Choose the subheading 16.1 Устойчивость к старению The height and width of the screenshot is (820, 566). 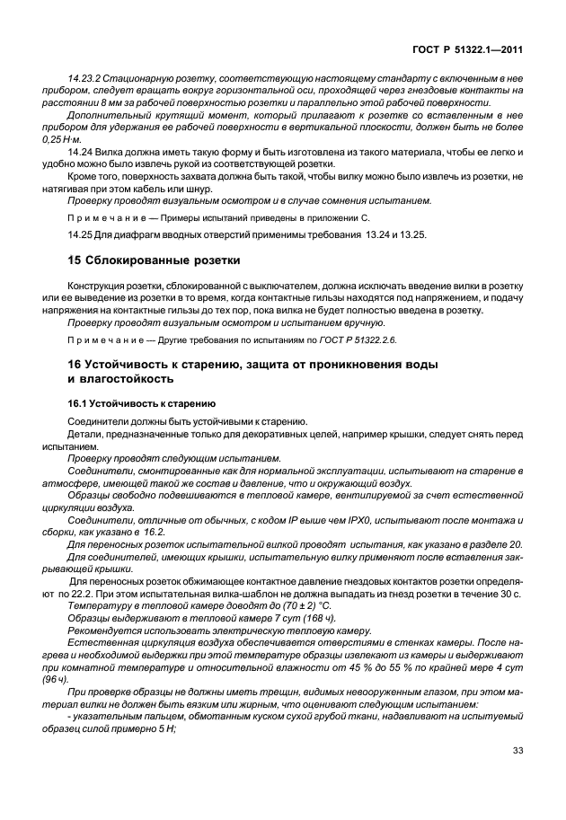point(143,403)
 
